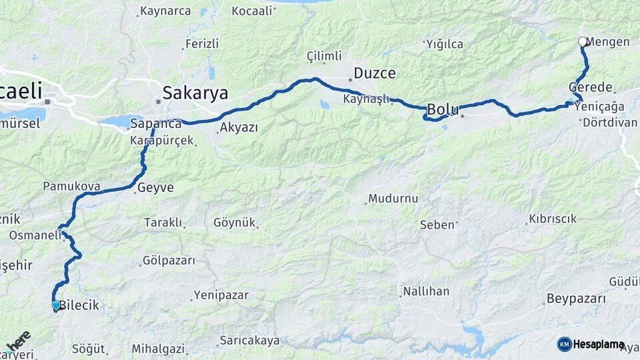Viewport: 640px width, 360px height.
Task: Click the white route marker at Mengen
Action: click(583, 41)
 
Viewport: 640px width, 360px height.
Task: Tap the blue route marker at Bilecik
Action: click(56, 305)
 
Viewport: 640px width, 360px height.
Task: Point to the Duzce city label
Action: click(375, 73)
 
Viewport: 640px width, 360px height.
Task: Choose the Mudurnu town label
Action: click(393, 199)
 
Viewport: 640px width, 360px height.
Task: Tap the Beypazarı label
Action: click(576, 298)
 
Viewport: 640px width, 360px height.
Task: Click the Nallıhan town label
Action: click(427, 291)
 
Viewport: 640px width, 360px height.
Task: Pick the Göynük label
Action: click(235, 223)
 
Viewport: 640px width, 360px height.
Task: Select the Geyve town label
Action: click(155, 188)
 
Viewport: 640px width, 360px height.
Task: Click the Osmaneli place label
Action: click(35, 235)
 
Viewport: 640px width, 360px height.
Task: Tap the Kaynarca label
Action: click(166, 11)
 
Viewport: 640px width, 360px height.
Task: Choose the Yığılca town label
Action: click(445, 44)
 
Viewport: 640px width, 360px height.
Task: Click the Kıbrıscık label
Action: click(552, 219)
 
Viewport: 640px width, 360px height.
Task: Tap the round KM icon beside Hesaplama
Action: click(564, 344)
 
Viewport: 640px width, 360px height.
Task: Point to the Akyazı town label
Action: click(239, 127)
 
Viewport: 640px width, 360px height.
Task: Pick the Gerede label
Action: click(591, 87)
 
